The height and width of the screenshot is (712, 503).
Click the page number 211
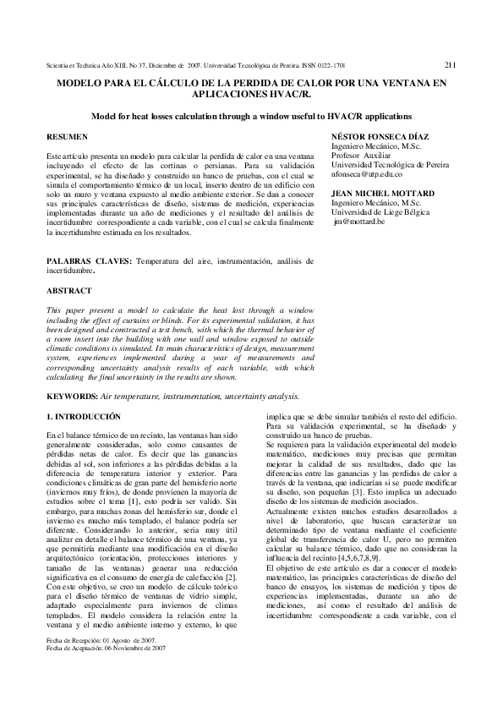tap(450, 63)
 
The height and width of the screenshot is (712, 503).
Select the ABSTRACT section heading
tap(68, 290)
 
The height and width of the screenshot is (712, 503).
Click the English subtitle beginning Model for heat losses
tap(251, 115)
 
